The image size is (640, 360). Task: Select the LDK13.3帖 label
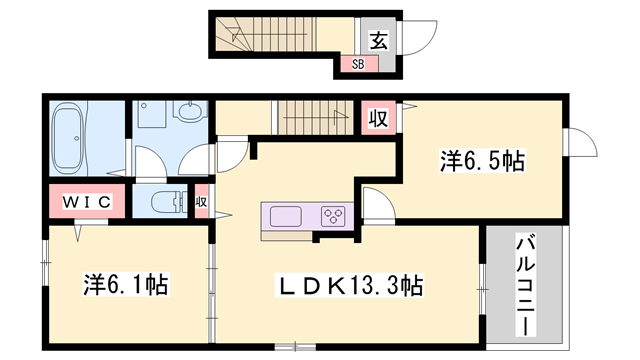pyautogui.click(x=350, y=288)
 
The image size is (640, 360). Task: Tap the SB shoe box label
pyautogui.click(x=357, y=65)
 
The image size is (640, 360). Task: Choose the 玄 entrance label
pyautogui.click(x=379, y=40)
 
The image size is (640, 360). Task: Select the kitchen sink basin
pyautogui.click(x=285, y=216)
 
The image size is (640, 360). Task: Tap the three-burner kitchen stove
pyautogui.click(x=334, y=215)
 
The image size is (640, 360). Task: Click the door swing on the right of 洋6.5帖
pyautogui.click(x=578, y=144)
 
